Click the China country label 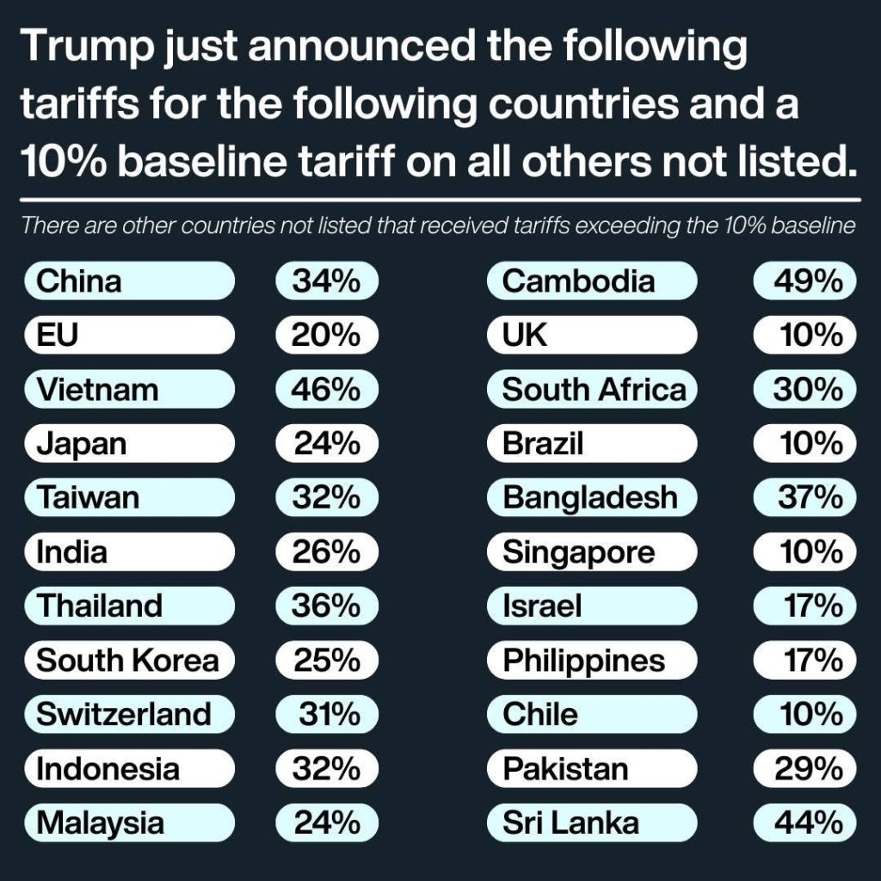79,281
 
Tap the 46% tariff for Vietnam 326,390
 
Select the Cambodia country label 578,281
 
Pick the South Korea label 127,660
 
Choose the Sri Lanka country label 570,823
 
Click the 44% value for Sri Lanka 807,823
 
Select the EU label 57,336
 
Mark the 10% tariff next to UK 810,336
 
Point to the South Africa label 595,390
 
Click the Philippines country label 583,660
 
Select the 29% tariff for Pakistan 808,768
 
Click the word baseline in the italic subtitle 813,228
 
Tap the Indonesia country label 108,768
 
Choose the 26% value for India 326,551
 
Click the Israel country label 542,606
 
